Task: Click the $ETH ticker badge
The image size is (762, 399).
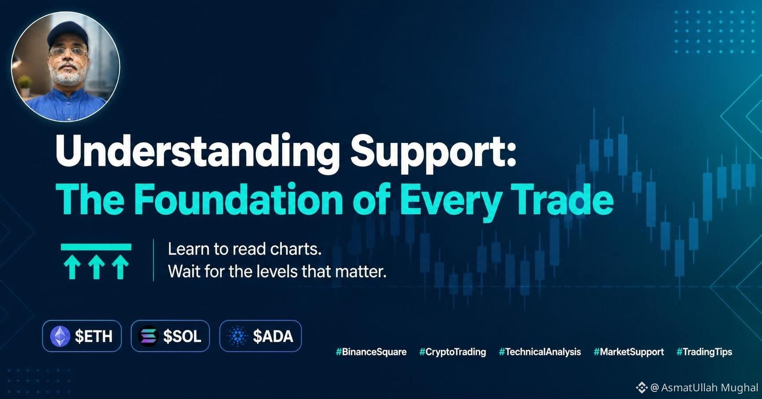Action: (x=82, y=336)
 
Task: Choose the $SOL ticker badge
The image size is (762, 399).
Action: (x=170, y=336)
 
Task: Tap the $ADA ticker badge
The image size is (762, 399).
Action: (x=260, y=336)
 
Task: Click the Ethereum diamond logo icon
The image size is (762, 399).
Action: (x=60, y=337)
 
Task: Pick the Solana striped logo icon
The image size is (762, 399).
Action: (x=148, y=337)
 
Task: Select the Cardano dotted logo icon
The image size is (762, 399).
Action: (x=238, y=337)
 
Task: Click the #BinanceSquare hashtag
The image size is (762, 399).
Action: (x=371, y=352)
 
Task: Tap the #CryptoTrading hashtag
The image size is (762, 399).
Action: (x=452, y=352)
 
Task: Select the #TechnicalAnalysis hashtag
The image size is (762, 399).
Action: (x=540, y=352)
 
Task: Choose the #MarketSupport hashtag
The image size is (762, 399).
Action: (x=629, y=352)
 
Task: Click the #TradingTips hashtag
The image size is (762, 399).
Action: (x=704, y=352)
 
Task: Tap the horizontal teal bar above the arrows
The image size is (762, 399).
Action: (x=96, y=247)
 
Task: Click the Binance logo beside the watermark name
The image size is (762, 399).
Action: (x=642, y=388)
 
